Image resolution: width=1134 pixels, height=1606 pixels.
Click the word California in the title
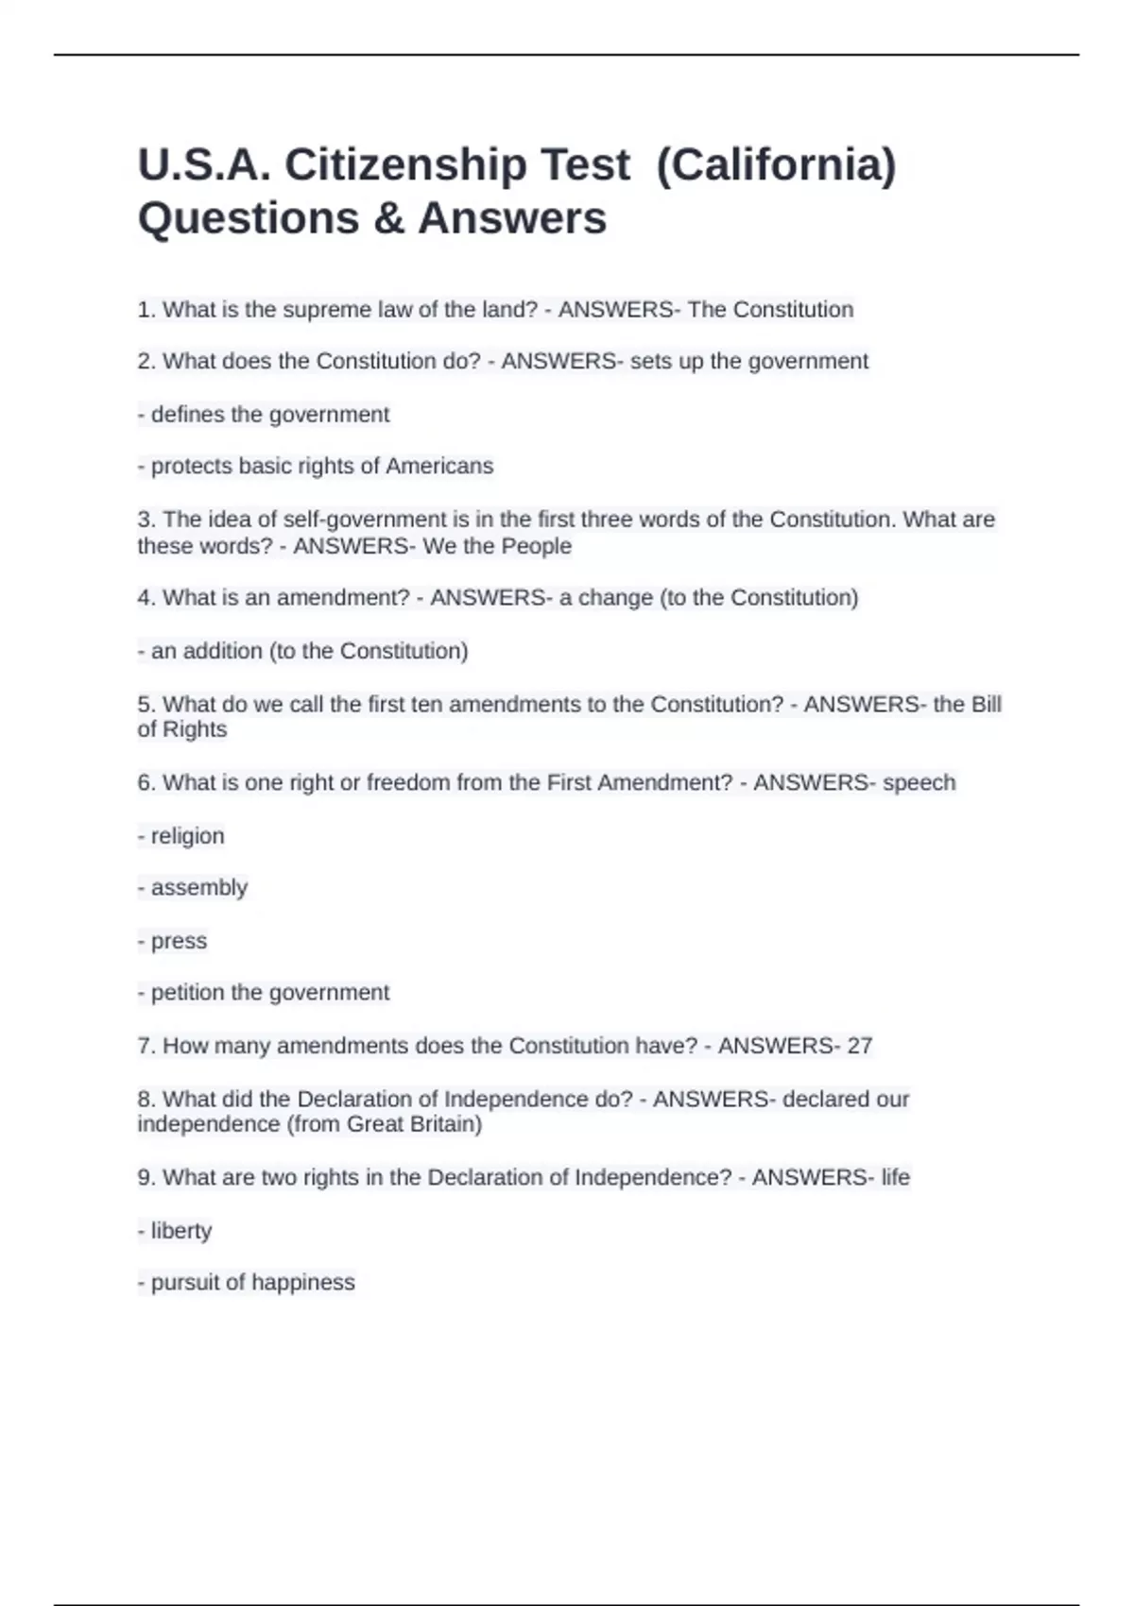click(x=775, y=165)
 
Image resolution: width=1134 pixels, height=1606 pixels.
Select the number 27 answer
click(x=859, y=1046)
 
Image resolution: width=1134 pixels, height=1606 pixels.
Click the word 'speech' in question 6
click(x=919, y=783)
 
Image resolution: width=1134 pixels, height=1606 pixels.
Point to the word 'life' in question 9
click(x=895, y=1178)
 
